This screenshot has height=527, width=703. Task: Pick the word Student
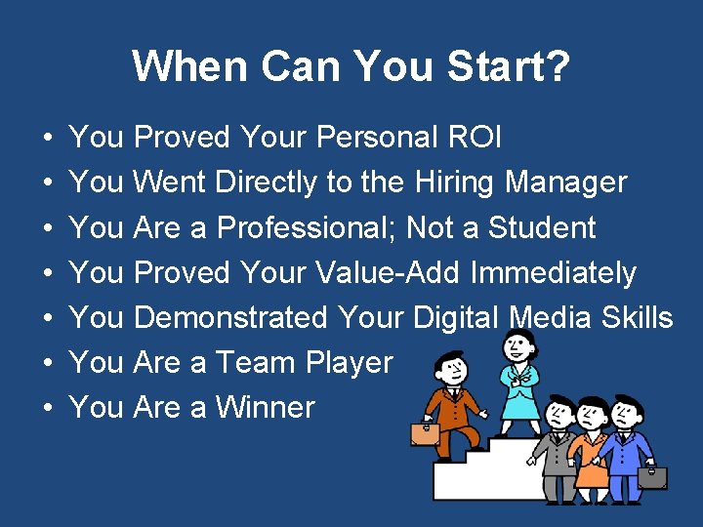click(542, 227)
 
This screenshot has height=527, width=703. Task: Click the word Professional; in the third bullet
click(307, 227)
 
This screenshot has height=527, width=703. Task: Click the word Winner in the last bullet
click(266, 407)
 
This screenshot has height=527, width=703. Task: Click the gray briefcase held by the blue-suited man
click(651, 477)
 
